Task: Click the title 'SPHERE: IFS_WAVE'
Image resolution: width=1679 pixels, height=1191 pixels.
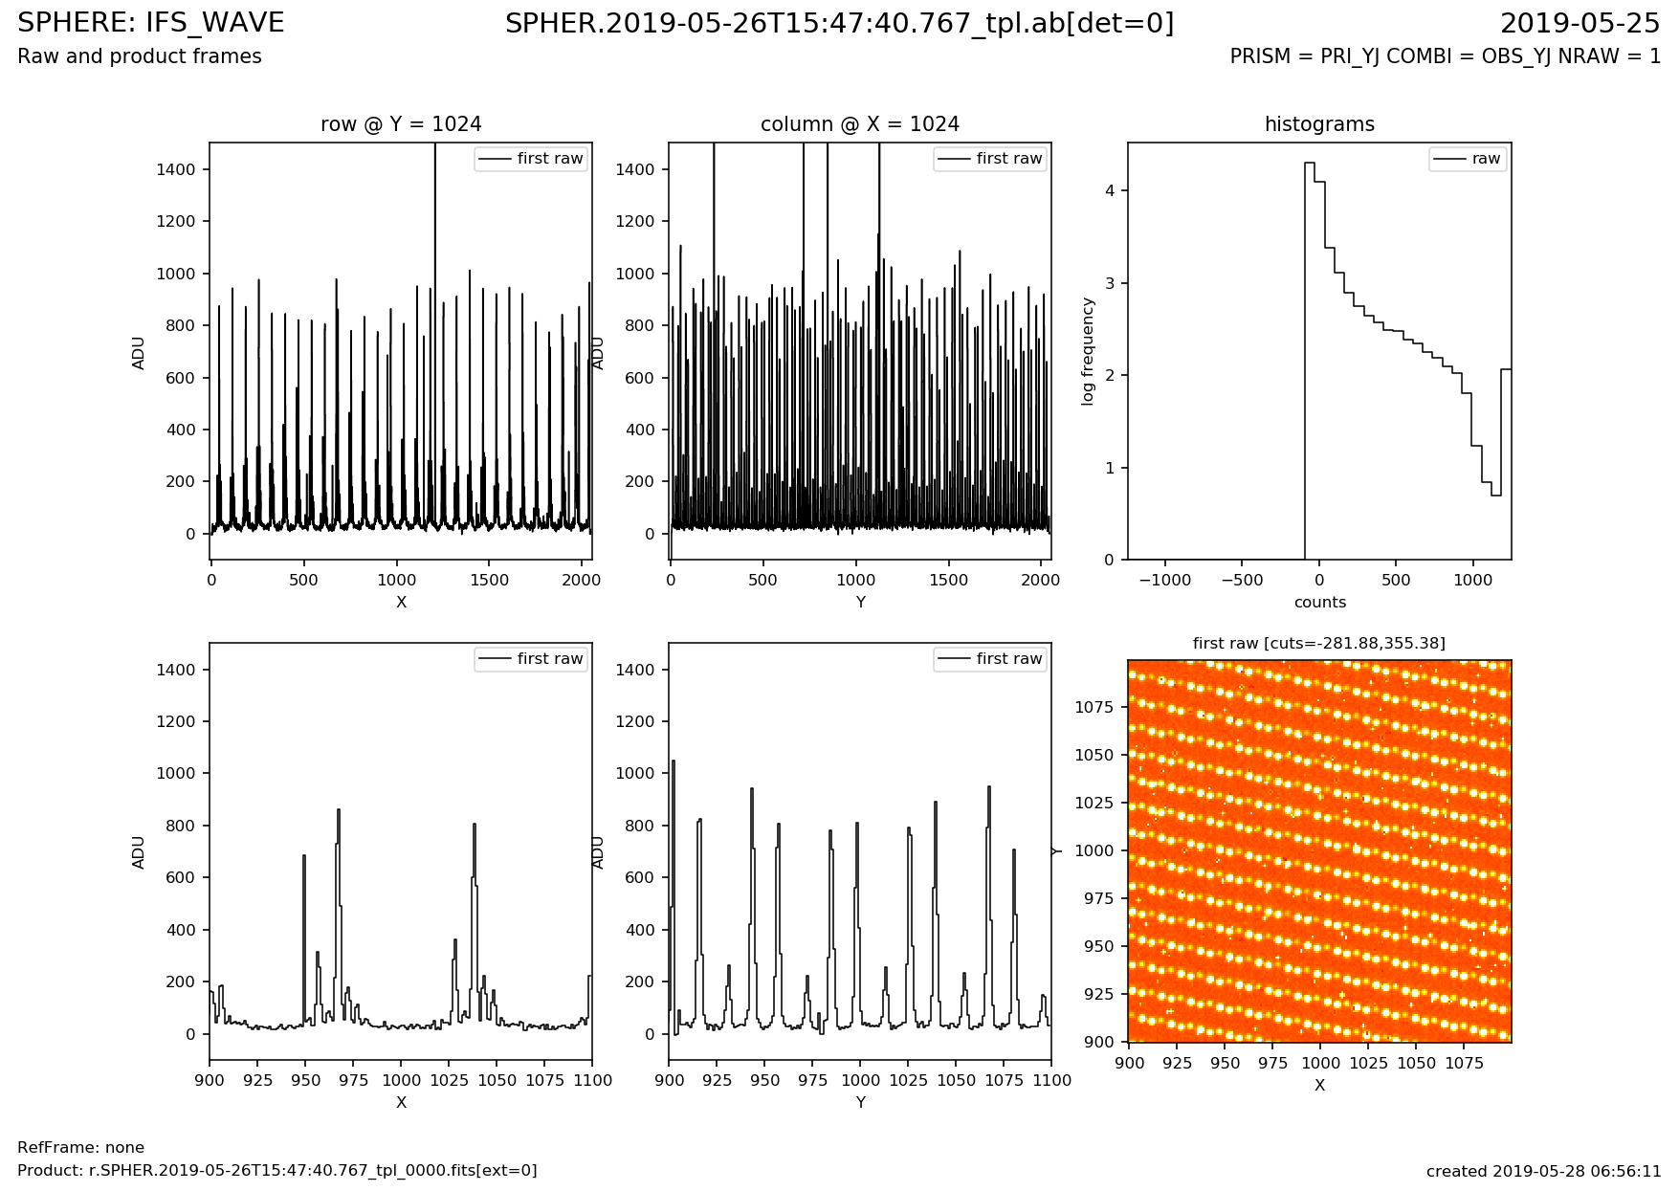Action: click(x=151, y=23)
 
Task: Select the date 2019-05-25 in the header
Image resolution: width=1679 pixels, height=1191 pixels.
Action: click(x=1580, y=23)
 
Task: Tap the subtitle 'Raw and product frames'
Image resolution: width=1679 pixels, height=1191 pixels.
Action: click(x=140, y=56)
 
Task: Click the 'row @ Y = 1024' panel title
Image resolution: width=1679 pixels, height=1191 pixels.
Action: click(x=401, y=124)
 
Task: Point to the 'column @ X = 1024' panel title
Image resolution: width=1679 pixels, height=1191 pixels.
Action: click(x=860, y=124)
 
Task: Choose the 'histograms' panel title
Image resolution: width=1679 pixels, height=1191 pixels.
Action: click(x=1319, y=124)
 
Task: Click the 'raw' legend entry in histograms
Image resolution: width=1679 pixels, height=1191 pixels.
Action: click(x=1486, y=159)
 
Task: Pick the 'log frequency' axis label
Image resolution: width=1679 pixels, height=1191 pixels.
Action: click(x=1088, y=351)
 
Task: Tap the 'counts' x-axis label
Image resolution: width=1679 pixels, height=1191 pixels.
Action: click(x=1319, y=603)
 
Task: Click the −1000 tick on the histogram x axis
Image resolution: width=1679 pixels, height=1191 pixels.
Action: click(x=1164, y=580)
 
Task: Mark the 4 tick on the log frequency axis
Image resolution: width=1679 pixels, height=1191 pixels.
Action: click(x=1111, y=191)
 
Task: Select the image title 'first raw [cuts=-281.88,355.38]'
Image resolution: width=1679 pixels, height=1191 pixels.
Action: click(x=1319, y=644)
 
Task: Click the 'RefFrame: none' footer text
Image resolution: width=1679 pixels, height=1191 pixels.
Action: click(x=80, y=1148)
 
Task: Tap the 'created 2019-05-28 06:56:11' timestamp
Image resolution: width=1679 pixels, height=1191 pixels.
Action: click(x=1543, y=1171)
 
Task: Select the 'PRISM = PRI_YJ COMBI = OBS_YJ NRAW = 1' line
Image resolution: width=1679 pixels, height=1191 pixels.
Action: click(x=1445, y=56)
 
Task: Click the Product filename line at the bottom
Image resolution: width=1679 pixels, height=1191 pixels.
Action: click(x=277, y=1171)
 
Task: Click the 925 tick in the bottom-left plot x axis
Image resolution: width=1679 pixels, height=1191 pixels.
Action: click(x=257, y=1080)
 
